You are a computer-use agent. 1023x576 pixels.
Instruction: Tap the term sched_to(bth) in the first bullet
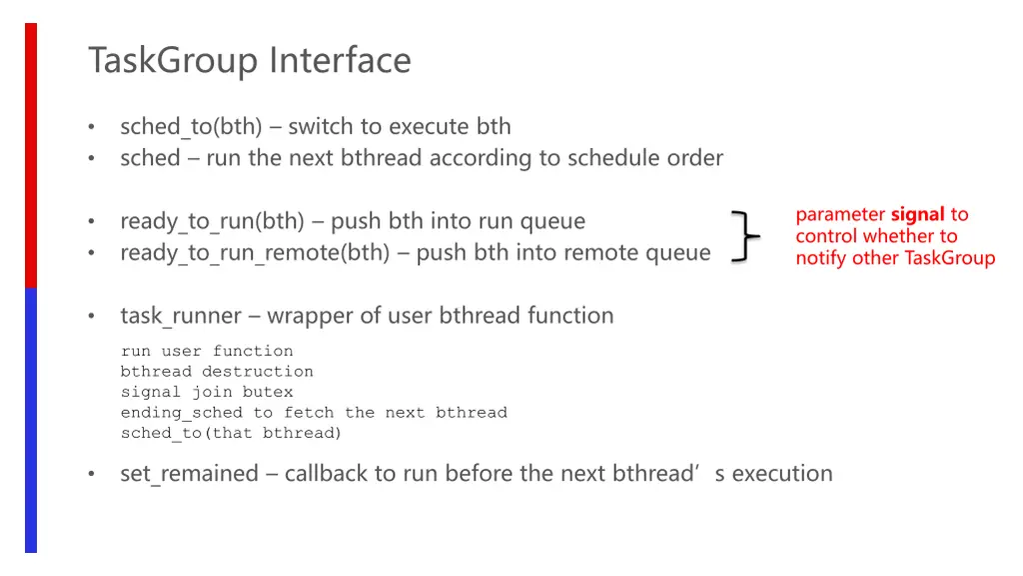(191, 127)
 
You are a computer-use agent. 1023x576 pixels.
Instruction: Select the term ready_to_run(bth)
(212, 221)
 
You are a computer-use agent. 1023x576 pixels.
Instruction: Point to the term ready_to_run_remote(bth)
(255, 253)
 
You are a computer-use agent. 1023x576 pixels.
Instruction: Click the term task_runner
(181, 316)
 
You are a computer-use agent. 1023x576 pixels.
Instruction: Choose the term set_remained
(189, 473)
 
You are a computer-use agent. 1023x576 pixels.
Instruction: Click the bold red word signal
(917, 214)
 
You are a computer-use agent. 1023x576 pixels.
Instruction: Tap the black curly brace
(744, 237)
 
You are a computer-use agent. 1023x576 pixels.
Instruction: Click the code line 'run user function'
(207, 351)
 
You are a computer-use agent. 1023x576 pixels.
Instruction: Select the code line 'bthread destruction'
(217, 372)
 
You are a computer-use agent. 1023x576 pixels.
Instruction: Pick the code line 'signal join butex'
(207, 392)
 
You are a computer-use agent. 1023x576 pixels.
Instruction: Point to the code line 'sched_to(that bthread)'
(231, 433)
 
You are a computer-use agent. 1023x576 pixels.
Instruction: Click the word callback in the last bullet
(326, 473)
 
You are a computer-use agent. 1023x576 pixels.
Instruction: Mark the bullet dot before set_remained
(91, 474)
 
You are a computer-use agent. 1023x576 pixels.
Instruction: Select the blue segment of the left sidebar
(31, 420)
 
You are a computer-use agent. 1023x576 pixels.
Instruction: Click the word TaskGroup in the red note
(949, 258)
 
